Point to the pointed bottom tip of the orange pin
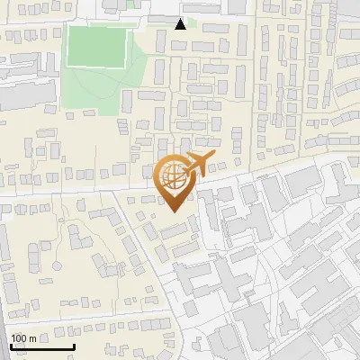coord(173,211)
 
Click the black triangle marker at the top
coord(181,24)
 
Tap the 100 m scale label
coord(23,338)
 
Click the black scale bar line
coord(42,347)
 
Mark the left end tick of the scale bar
coord(11,346)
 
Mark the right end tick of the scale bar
coord(74,346)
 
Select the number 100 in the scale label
coord(19,338)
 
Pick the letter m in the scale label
coord(32,338)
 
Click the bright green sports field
coord(97,47)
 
